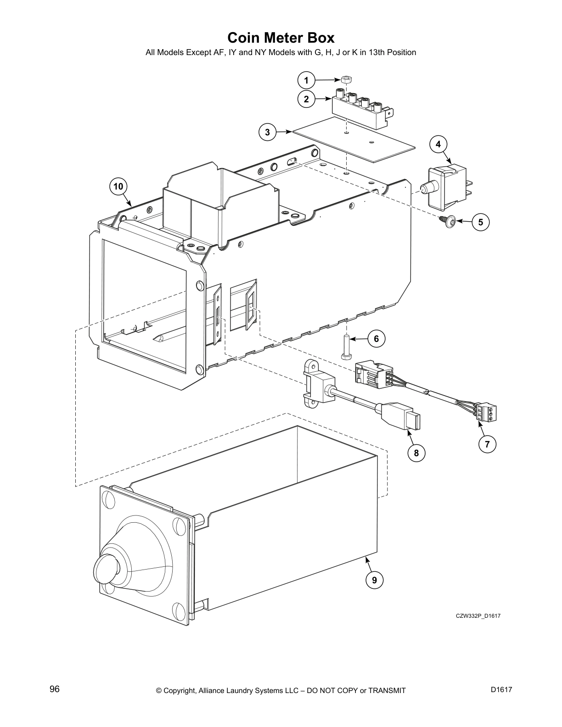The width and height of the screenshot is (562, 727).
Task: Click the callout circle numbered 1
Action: (306, 80)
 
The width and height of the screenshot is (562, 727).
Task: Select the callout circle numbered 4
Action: (438, 144)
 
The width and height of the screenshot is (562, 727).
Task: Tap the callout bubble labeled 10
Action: (118, 186)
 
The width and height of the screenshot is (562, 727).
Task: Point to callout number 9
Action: (374, 580)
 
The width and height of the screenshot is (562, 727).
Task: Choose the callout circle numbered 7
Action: (487, 444)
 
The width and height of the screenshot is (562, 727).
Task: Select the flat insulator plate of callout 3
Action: (354, 139)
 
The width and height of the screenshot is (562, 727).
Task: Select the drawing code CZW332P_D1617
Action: (478, 616)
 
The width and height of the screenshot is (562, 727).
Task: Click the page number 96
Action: (55, 689)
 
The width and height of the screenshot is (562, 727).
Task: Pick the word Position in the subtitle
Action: (401, 52)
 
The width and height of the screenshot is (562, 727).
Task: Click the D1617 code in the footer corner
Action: (501, 689)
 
